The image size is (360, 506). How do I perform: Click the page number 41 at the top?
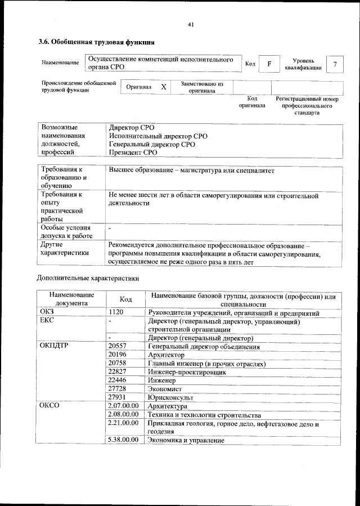[191, 24]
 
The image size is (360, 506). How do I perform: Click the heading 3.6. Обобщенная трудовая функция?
[96, 42]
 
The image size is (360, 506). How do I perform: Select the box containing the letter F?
[269, 64]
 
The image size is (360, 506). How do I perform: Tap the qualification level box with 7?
[335, 64]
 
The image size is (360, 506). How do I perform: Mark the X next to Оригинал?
[163, 87]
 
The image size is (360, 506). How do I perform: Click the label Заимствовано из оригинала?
[202, 87]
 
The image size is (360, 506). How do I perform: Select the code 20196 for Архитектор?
[117, 355]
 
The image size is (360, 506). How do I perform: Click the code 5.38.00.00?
[123, 440]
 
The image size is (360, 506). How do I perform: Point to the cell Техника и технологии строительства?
[204, 415]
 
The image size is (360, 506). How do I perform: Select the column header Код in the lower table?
[126, 299]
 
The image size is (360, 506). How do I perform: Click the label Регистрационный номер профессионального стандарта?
[307, 105]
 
